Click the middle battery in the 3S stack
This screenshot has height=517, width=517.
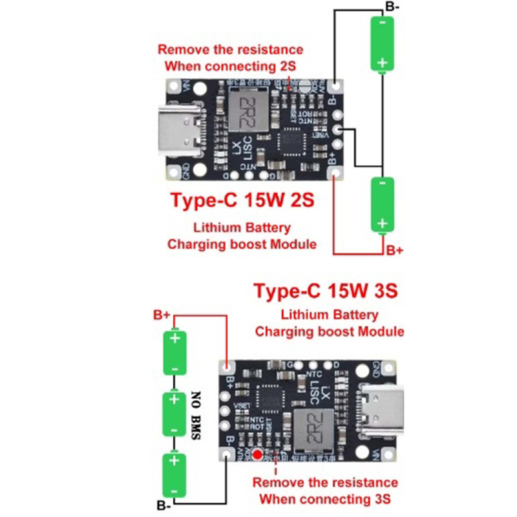[x=174, y=414]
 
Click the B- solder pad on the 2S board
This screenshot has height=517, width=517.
[x=335, y=86]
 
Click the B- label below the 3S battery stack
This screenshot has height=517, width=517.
[x=165, y=504]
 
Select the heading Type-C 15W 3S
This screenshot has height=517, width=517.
[x=326, y=291]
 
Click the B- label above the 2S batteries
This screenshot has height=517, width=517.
[x=392, y=7]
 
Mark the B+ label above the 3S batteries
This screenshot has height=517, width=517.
[x=162, y=315]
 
